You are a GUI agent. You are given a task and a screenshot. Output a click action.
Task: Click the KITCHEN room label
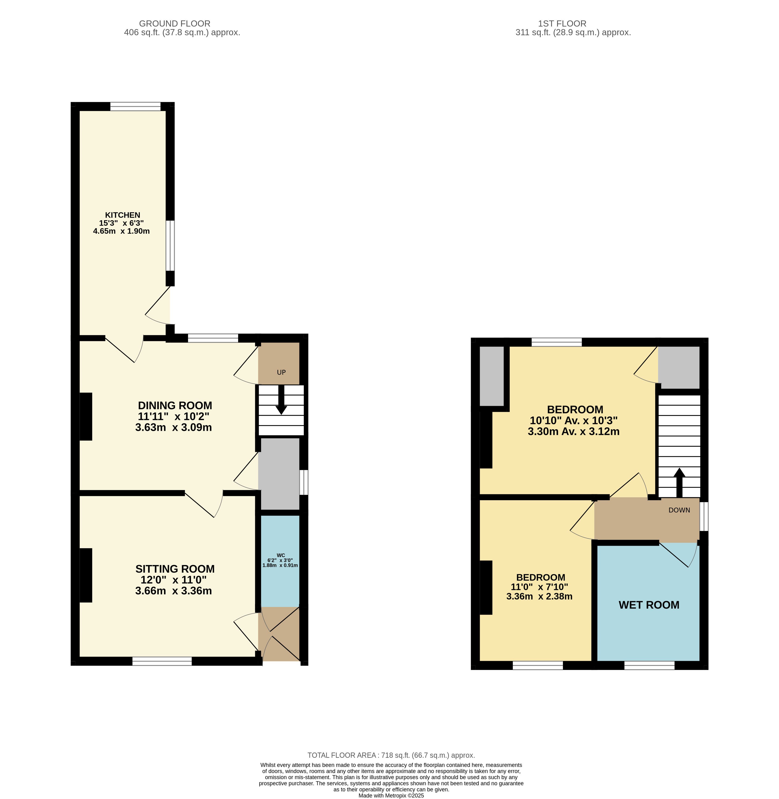pos(123,215)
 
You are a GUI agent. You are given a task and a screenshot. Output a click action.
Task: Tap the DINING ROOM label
pos(175,405)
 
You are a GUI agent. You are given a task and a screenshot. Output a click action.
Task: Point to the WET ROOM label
pos(649,605)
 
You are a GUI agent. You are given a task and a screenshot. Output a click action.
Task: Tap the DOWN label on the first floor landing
pos(679,510)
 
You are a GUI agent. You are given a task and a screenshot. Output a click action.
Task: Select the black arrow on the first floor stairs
pos(679,483)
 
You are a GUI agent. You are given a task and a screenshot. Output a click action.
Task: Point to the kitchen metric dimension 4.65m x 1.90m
pos(122,231)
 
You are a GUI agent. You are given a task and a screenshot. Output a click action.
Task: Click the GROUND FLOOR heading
pos(175,24)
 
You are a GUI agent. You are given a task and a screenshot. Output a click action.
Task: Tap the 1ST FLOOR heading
pos(562,24)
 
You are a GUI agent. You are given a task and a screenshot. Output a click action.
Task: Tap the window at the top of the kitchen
pos(135,106)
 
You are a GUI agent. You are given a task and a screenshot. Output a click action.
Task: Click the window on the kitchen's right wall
pos(170,246)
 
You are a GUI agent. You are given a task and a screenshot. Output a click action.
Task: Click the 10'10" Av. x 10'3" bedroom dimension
pos(574,420)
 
